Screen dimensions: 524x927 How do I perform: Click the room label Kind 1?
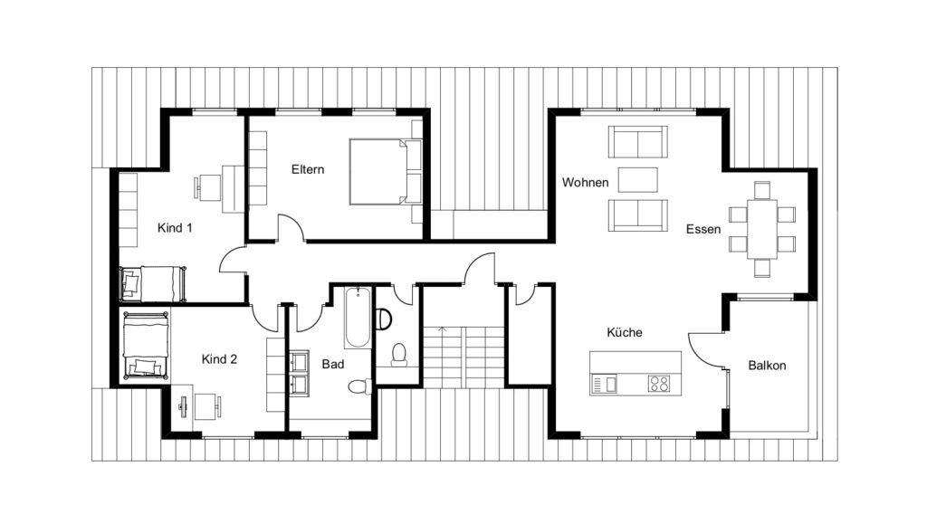(x=175, y=228)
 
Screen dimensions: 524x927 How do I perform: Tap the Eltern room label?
(x=308, y=169)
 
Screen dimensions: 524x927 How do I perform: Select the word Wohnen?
(x=585, y=183)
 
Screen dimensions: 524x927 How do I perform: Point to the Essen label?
(x=702, y=229)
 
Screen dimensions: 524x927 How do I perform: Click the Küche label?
(x=625, y=332)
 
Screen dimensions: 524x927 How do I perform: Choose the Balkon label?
(x=767, y=366)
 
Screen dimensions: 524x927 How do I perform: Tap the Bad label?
(x=332, y=364)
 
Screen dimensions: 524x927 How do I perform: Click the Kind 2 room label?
(x=219, y=359)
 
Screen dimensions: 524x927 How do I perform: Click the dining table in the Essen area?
(x=762, y=230)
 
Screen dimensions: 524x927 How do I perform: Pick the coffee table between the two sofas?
(x=638, y=178)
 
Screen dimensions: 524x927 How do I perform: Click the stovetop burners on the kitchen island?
(x=659, y=383)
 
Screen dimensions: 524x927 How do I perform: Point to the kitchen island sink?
(x=605, y=384)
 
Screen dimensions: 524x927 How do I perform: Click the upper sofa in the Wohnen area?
(x=638, y=142)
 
